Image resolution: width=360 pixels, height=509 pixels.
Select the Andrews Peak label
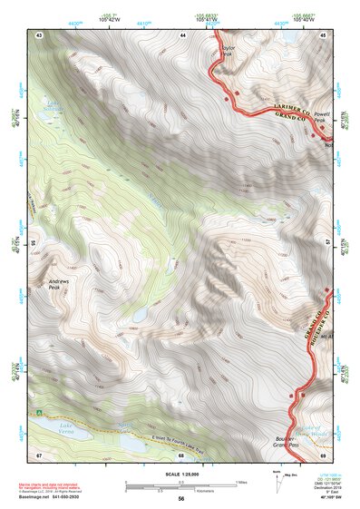(61, 288)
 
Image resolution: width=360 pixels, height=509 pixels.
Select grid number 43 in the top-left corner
(39, 34)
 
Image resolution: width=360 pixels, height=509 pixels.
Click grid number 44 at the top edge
(182, 34)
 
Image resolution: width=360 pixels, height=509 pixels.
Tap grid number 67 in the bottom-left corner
(39, 455)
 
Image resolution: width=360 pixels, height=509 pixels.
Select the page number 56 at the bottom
(181, 498)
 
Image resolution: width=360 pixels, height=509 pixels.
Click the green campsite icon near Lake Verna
(41, 413)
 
